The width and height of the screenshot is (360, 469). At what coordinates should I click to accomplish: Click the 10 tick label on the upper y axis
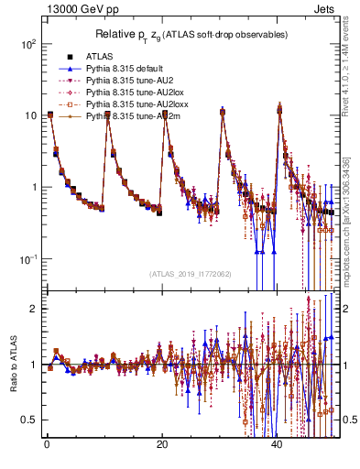pos(30,115)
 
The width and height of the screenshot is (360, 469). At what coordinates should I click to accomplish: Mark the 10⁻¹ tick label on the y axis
pos(27,259)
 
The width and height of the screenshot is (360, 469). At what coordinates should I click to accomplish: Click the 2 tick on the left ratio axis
pos(34,309)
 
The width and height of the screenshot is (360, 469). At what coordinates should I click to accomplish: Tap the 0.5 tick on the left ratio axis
pos(30,420)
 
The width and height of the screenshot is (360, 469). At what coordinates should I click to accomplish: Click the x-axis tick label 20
pos(161,446)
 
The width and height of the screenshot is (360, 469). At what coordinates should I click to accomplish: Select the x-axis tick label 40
pos(278,446)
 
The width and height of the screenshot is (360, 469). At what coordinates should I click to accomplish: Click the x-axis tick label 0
pos(46,446)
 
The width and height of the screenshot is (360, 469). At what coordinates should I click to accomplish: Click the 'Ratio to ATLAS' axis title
pos(14,366)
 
